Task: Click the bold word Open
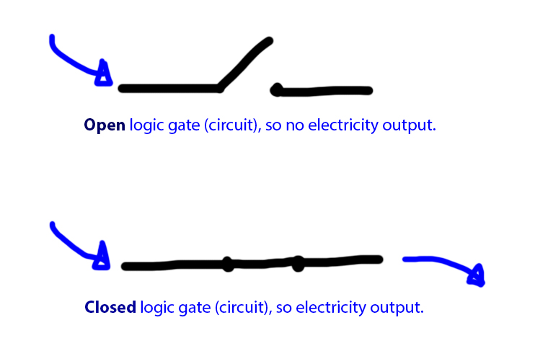(105, 125)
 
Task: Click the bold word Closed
(110, 308)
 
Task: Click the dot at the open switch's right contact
(276, 90)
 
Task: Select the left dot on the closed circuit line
(228, 264)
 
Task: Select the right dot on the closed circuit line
(298, 264)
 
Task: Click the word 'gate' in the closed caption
(191, 308)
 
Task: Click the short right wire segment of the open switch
(324, 91)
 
